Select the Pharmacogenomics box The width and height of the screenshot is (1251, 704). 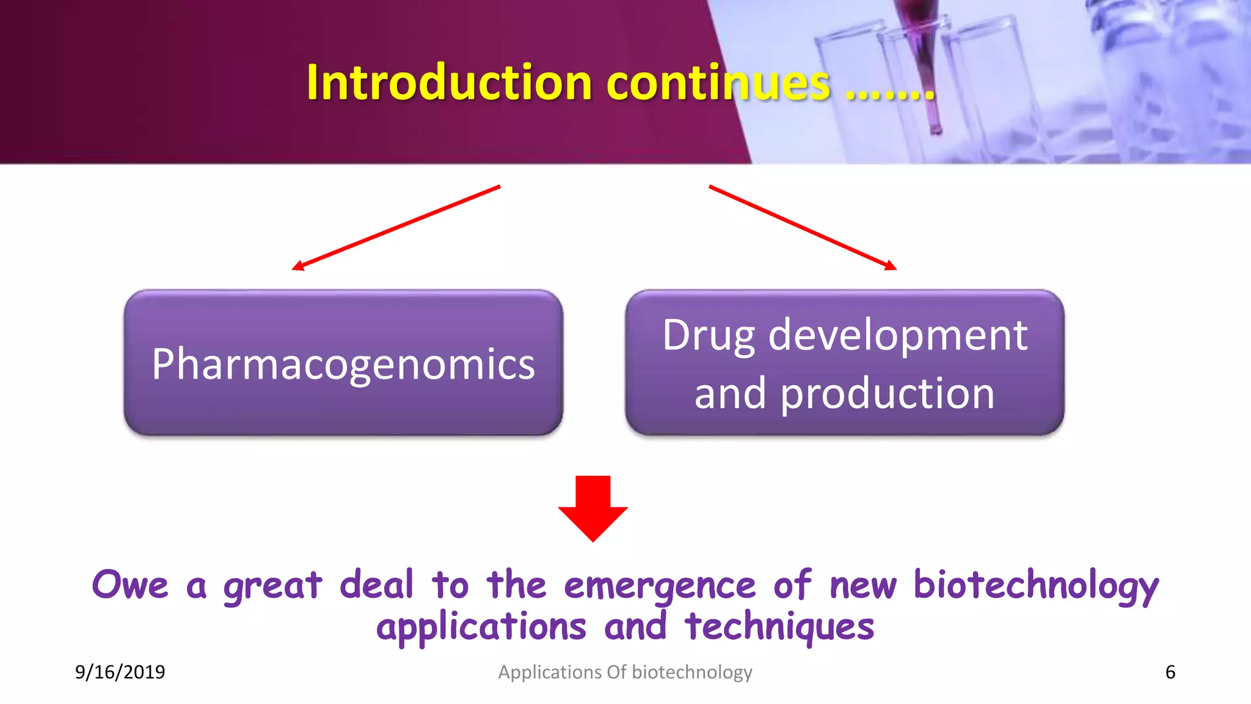pyautogui.click(x=343, y=363)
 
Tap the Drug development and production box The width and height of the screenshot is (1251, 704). pyautogui.click(x=845, y=363)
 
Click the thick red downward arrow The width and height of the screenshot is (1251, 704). pyautogui.click(x=593, y=507)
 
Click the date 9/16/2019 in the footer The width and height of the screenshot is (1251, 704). pyautogui.click(x=120, y=672)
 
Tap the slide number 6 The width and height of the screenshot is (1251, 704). pyautogui.click(x=1170, y=672)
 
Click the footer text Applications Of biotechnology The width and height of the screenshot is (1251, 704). pyautogui.click(x=625, y=672)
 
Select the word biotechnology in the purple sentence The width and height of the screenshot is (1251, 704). pyautogui.click(x=1035, y=585)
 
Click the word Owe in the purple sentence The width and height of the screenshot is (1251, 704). pyautogui.click(x=129, y=585)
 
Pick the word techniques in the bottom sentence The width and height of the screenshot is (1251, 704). pyautogui.click(x=779, y=627)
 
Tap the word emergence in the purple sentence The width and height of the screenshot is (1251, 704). pyautogui.click(x=660, y=585)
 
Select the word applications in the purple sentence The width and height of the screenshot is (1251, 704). pyautogui.click(x=481, y=627)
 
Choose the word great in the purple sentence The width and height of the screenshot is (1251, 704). pyautogui.click(x=272, y=585)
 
